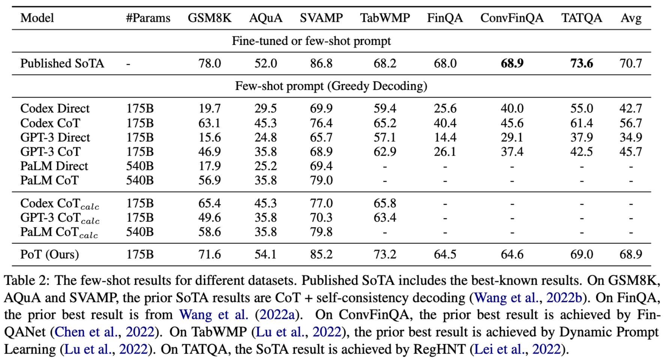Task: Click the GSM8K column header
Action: click(209, 18)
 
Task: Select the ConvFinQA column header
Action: click(512, 18)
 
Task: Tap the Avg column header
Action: click(631, 18)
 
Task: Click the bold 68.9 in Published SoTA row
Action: click(512, 63)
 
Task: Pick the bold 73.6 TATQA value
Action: click(581, 63)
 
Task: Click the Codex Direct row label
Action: click(55, 108)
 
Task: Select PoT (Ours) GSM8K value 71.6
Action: click(209, 255)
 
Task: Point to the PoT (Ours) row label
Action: click(50, 255)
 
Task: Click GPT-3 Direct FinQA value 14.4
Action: click(445, 138)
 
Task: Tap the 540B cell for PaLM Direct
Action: click(140, 166)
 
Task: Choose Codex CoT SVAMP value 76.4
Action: click(321, 123)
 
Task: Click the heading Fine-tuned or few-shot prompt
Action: click(311, 41)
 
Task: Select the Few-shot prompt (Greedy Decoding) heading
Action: click(331, 86)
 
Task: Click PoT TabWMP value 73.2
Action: click(385, 255)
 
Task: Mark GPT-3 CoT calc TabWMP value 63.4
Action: click(385, 218)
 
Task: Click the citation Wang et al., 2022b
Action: click(528, 298)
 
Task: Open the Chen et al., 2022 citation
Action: click(104, 332)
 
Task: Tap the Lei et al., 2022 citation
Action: click(517, 349)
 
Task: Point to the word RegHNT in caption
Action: click(439, 349)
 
